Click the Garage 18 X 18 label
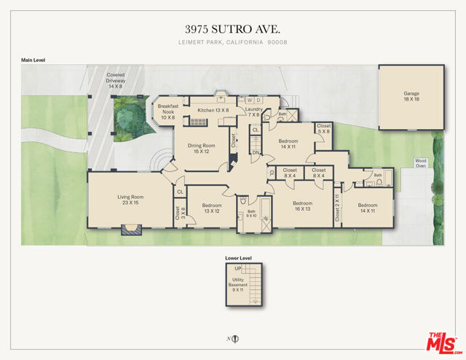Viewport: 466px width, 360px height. tap(411, 97)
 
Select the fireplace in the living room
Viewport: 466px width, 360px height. tap(131, 230)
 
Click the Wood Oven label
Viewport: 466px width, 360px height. tap(420, 163)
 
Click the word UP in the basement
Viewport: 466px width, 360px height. tap(238, 270)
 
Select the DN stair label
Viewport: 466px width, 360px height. tap(256, 153)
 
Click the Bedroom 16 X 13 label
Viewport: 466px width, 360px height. tap(301, 206)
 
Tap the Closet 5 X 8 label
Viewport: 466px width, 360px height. tap(323, 129)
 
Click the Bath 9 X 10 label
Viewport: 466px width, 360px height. tap(251, 214)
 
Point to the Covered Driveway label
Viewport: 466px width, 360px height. tap(116, 81)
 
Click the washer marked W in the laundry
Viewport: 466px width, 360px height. tap(250, 100)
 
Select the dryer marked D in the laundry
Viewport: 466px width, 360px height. tap(259, 100)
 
